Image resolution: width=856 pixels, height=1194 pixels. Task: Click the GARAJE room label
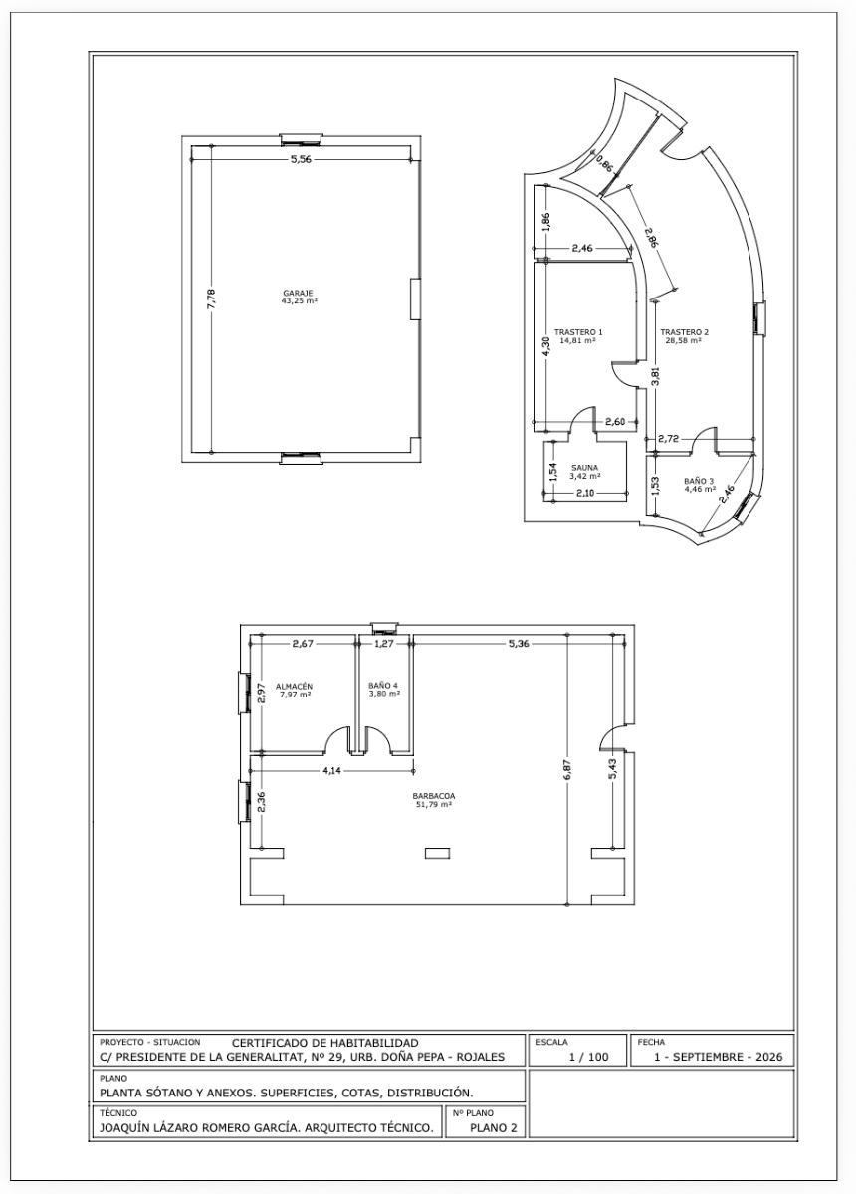298,293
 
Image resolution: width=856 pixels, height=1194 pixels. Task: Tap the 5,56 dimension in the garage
301,159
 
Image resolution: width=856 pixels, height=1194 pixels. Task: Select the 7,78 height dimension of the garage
211,298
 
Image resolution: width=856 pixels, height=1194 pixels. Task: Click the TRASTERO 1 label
578,332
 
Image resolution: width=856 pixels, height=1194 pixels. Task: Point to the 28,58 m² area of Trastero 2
683,340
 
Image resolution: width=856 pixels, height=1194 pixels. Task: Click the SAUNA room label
584,467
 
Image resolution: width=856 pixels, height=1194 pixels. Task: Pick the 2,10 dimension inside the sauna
585,494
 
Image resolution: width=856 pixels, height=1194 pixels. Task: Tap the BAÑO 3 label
699,481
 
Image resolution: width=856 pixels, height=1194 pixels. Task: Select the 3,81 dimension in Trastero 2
656,376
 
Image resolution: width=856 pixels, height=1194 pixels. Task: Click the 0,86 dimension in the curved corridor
604,163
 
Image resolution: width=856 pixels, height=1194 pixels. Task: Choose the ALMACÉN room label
294,686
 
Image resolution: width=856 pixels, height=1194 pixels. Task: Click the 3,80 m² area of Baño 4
384,694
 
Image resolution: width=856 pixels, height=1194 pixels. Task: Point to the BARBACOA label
434,796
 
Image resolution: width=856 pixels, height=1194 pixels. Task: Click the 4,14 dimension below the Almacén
331,771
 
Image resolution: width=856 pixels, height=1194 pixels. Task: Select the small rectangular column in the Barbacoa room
437,854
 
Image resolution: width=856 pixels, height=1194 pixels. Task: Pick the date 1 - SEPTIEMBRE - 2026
718,1057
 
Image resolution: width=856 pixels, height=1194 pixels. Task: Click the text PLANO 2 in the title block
494,1127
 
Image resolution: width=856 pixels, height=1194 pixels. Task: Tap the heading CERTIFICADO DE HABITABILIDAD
325,1042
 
